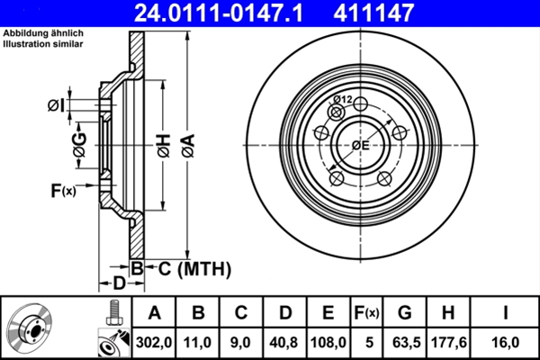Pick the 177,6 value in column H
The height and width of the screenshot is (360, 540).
coord(452,342)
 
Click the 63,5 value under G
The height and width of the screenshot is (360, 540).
coord(406,342)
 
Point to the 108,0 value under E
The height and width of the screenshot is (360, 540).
coord(328,342)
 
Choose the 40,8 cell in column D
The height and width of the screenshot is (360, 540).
coord(284,342)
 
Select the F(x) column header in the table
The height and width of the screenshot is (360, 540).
coord(367,313)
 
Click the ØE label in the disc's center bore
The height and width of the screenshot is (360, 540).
coord(360,144)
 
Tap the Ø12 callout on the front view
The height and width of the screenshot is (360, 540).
coord(342,100)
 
